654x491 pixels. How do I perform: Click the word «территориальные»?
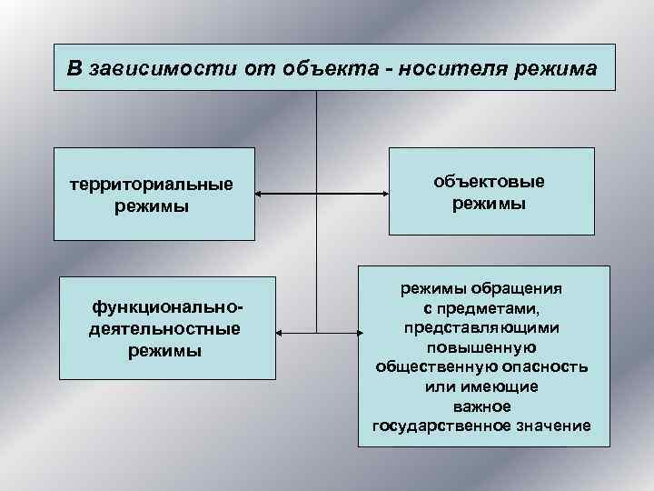pos(152,185)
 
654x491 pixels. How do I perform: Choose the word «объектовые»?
pos(490,183)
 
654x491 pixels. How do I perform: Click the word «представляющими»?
pos(481,327)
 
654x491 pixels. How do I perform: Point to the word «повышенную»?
pos(481,347)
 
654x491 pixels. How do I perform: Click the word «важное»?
pos(481,406)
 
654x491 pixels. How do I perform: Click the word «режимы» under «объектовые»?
pos(490,205)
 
